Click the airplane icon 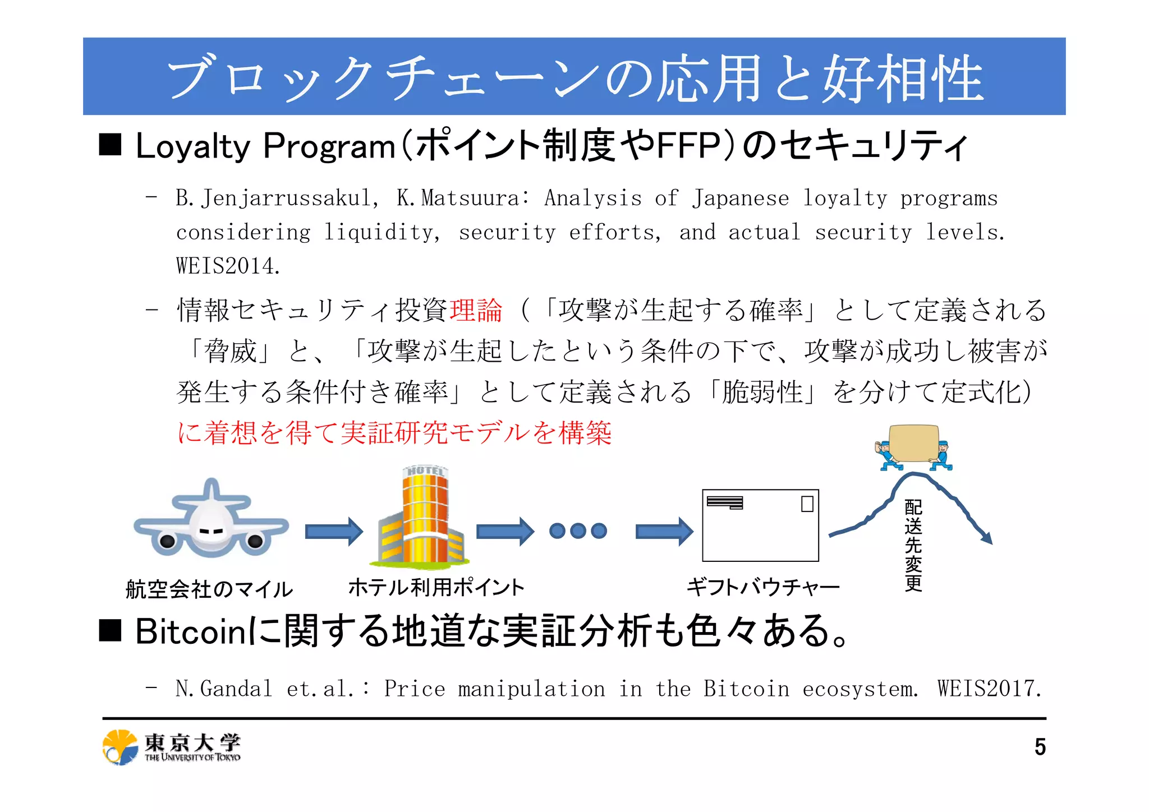pyautogui.click(x=211, y=522)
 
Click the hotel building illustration pyautogui.click(x=422, y=516)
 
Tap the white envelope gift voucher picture pyautogui.click(x=760, y=525)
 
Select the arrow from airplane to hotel pyautogui.click(x=333, y=531)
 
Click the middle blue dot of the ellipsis pyautogui.click(x=578, y=530)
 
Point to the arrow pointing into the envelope pyautogui.click(x=664, y=531)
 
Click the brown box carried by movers pyautogui.click(x=913, y=443)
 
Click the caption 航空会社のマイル pyautogui.click(x=209, y=589)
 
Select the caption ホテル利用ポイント pyautogui.click(x=436, y=588)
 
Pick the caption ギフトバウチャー pyautogui.click(x=763, y=588)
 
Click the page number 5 pyautogui.click(x=1040, y=747)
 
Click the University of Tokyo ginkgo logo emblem pyautogui.click(x=120, y=748)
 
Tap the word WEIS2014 pyautogui.click(x=228, y=266)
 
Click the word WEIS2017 pyautogui.click(x=989, y=689)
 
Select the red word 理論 pyautogui.click(x=476, y=310)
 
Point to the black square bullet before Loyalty pyautogui.click(x=111, y=145)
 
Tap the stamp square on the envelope pyautogui.click(x=807, y=504)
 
